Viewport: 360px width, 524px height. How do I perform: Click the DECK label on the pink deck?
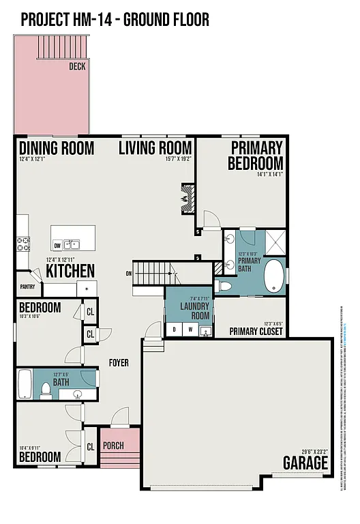pyautogui.click(x=77, y=67)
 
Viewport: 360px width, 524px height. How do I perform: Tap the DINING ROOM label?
pyautogui.click(x=56, y=148)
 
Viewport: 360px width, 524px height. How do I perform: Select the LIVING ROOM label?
pyautogui.click(x=155, y=148)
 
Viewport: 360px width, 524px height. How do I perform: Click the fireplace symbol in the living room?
pyautogui.click(x=186, y=197)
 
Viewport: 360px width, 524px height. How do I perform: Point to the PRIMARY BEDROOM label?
pyautogui.click(x=255, y=156)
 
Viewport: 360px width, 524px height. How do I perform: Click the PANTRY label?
pyautogui.click(x=27, y=287)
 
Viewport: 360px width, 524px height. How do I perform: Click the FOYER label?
pyautogui.click(x=119, y=363)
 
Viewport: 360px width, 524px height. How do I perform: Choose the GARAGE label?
pyautogui.click(x=305, y=463)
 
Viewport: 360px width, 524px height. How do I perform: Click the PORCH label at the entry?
pyautogui.click(x=113, y=446)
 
